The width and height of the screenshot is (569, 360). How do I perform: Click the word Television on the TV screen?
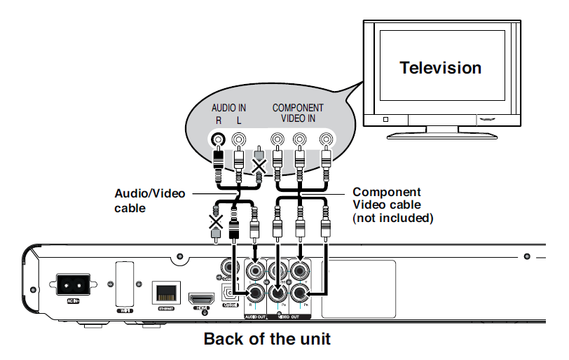[x=440, y=68]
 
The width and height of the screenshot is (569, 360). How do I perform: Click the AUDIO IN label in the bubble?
[x=229, y=108]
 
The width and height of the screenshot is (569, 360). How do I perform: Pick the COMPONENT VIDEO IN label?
[x=299, y=113]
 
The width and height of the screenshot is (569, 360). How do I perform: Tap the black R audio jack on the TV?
[x=219, y=140]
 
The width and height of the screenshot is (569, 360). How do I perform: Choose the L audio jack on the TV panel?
[x=240, y=140]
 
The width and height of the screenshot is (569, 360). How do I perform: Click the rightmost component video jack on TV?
[x=326, y=140]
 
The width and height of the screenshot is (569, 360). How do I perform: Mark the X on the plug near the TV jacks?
[x=259, y=167]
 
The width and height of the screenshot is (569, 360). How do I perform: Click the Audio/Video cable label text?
[x=144, y=200]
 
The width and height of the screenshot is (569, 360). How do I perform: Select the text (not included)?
[x=393, y=218]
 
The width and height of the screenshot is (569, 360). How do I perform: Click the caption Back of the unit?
[x=266, y=340]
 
